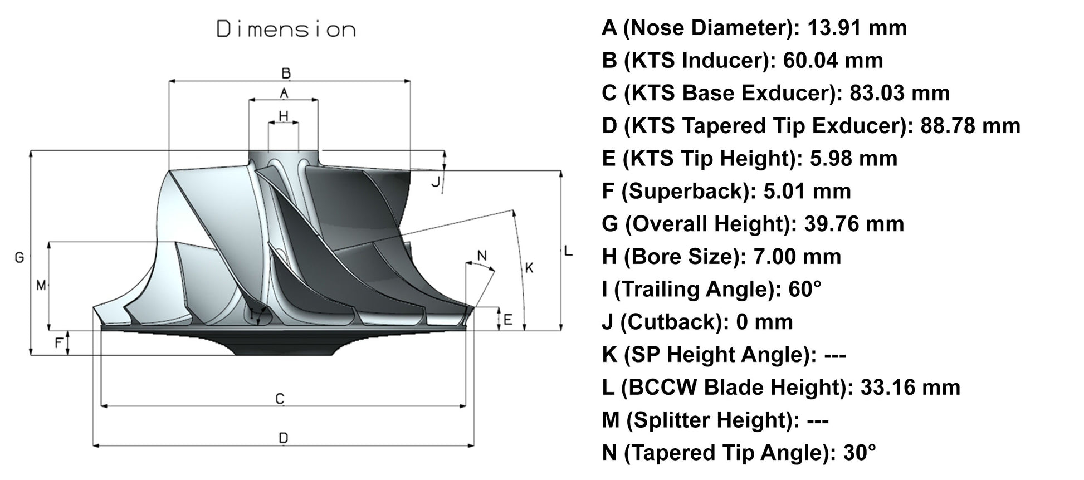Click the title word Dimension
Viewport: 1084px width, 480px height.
286,30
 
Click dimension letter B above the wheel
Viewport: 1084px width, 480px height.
286,73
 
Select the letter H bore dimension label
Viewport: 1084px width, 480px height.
284,116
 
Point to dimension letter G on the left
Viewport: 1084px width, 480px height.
19,257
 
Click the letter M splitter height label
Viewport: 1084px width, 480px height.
41,286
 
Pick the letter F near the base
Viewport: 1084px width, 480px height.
58,343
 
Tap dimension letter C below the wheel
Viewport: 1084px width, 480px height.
280,399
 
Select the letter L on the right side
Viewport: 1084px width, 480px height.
568,251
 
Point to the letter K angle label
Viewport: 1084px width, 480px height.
529,268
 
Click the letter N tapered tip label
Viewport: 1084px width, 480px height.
482,256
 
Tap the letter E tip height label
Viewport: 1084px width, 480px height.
507,320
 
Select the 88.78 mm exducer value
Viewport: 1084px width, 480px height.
970,125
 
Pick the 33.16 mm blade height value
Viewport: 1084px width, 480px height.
910,387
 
